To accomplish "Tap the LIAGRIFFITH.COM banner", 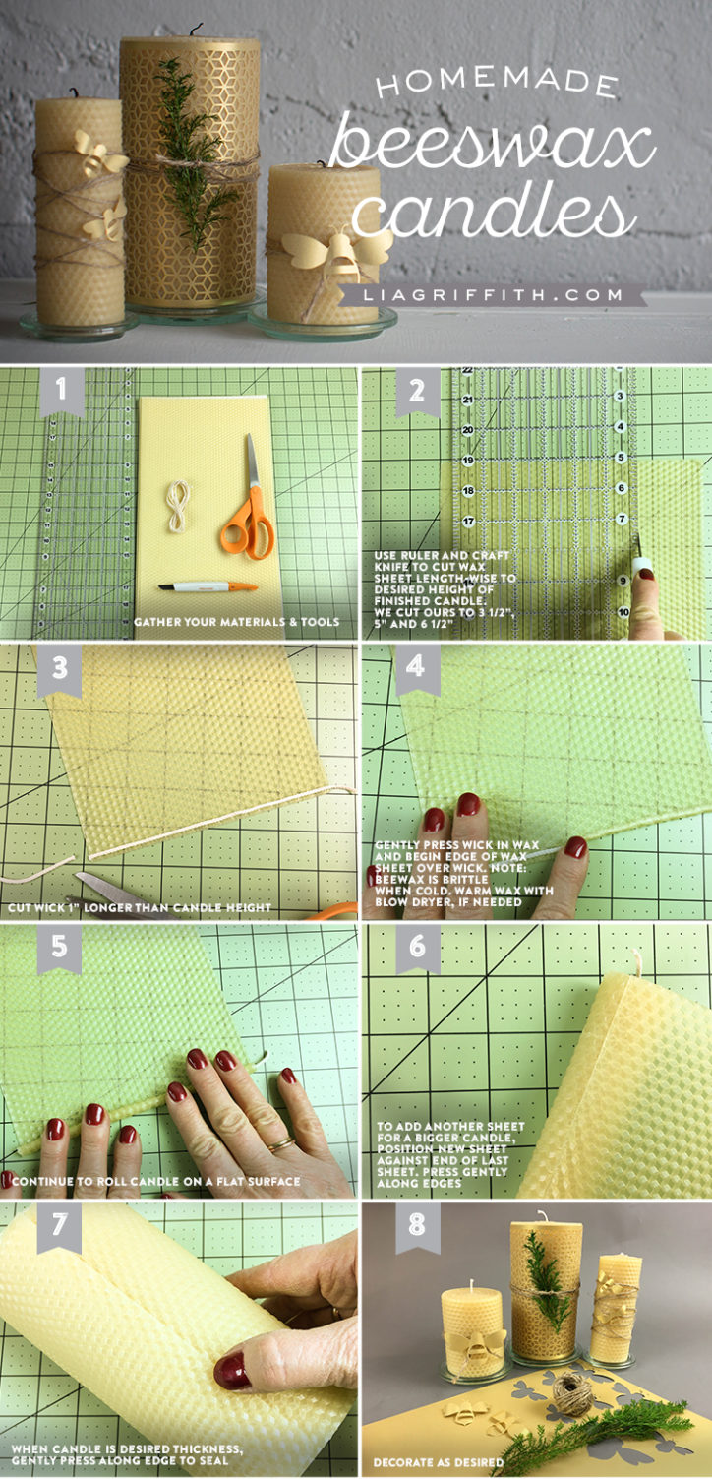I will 492,295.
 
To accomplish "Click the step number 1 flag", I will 62,391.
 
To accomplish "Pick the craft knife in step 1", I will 208,586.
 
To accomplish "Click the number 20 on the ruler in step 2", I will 467,430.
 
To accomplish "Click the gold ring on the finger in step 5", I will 279,1143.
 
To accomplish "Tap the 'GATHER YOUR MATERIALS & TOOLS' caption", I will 235,622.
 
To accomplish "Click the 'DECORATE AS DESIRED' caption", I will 438,1464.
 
